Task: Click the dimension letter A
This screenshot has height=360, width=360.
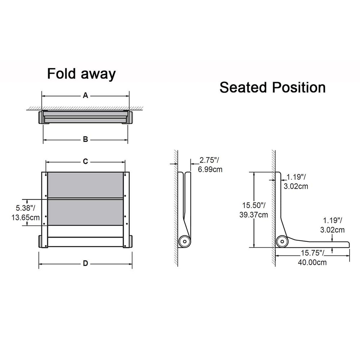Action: [85, 95]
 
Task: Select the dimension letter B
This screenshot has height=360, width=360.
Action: [85, 139]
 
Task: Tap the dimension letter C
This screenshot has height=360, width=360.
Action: [85, 162]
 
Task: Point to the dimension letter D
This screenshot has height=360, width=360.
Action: [85, 263]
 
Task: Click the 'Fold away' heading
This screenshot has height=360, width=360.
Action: [81, 74]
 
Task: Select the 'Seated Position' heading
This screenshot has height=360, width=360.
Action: [273, 87]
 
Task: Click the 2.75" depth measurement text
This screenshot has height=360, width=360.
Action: [208, 161]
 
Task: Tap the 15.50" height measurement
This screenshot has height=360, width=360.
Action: [254, 206]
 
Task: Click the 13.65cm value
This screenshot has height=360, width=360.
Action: [25, 217]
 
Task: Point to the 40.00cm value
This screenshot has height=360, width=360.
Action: [312, 262]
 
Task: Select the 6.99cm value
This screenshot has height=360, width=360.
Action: [210, 169]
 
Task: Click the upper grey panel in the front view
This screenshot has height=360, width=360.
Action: [85, 185]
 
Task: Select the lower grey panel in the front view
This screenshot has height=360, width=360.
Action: [85, 212]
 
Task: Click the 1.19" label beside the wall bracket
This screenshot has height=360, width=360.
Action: [296, 177]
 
